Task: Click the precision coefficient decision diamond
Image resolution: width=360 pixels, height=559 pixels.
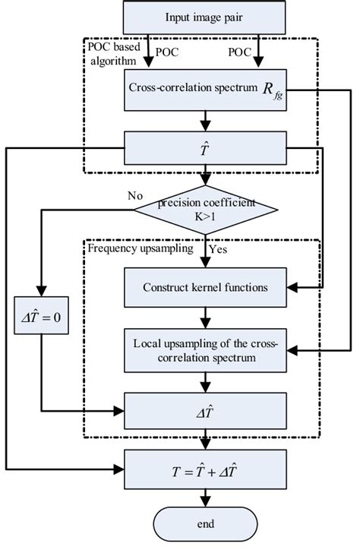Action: coord(204,210)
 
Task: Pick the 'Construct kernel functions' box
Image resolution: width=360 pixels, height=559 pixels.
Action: coord(204,288)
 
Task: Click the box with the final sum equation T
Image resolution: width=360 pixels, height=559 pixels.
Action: coord(204,472)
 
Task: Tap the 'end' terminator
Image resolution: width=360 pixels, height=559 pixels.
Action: coord(204,524)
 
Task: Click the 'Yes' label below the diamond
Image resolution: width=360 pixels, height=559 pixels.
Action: coord(218,248)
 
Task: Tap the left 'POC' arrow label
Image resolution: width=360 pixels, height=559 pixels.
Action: coord(168,52)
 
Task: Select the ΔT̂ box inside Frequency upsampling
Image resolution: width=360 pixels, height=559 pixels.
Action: coord(204,411)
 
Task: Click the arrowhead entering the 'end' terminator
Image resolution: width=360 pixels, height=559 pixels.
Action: coord(204,503)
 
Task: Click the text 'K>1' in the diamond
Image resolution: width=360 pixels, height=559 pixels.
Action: coord(204,217)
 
